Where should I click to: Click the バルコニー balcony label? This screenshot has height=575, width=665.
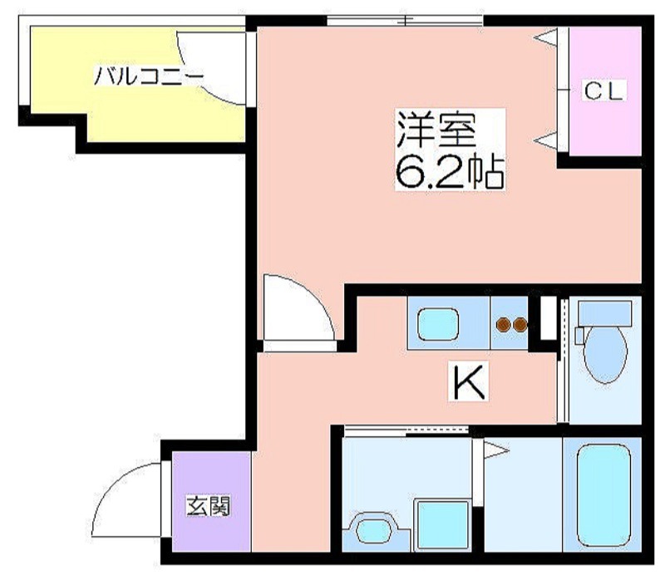tap(149, 76)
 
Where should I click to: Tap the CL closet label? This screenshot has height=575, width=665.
tap(604, 91)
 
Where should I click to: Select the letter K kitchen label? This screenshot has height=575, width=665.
tap(469, 381)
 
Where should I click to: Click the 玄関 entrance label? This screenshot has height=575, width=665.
tap(209, 506)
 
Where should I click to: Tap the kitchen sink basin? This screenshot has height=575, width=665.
tap(438, 324)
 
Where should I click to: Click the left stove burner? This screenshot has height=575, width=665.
tap(503, 325)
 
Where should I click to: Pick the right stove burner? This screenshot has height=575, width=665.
tap(520, 325)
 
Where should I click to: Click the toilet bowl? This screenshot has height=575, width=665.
tap(605, 355)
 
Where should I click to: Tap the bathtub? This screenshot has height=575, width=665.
tap(604, 495)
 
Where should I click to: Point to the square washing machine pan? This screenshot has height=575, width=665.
tap(443, 525)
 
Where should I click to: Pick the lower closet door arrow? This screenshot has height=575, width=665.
tap(545, 140)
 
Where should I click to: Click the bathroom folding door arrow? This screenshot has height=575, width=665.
tap(496, 450)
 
